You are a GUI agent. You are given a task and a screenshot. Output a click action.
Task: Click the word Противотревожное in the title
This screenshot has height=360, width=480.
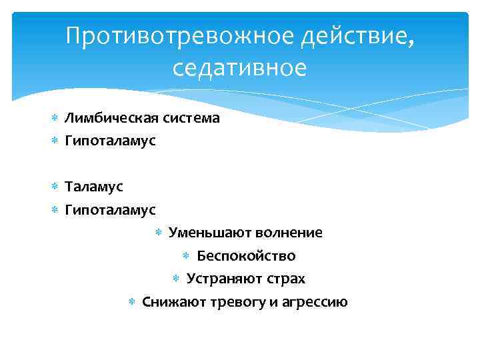(x=180, y=38)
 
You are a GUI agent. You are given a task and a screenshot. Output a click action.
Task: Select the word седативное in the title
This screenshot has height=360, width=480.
(x=240, y=68)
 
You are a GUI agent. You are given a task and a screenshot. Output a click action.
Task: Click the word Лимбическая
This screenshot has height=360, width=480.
(x=107, y=118)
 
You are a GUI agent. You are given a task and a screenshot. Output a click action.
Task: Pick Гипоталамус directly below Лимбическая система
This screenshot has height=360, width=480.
(x=110, y=141)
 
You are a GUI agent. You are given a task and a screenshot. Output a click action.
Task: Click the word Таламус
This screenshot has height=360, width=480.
(x=93, y=187)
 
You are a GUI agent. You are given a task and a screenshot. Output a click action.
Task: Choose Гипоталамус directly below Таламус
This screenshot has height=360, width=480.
(x=110, y=210)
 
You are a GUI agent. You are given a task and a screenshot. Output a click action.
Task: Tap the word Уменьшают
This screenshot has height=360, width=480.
(x=202, y=233)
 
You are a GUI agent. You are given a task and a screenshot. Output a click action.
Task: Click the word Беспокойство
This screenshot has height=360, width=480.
(x=246, y=256)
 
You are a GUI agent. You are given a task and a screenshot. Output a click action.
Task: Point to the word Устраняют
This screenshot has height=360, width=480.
(x=221, y=279)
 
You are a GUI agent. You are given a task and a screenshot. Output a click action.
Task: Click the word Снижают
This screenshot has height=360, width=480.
(x=173, y=301)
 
